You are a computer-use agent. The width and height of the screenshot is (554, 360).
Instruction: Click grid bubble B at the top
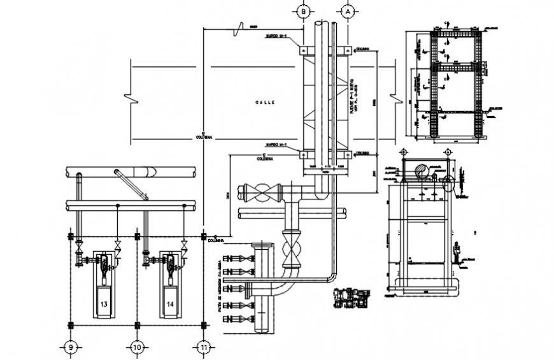tap(304, 11)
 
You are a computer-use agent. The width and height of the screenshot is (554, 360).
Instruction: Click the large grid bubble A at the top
tap(348, 11)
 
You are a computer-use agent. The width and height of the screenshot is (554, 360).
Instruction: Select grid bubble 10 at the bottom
tap(136, 347)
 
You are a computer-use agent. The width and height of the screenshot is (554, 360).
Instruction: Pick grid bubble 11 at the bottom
tap(204, 347)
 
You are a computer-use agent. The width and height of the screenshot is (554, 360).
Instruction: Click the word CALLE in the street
tap(264, 103)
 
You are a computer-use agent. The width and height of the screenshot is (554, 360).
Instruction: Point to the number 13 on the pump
tap(104, 305)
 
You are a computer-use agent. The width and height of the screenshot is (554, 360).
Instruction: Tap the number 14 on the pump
tap(170, 305)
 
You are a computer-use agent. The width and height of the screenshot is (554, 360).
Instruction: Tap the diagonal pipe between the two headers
tap(131, 185)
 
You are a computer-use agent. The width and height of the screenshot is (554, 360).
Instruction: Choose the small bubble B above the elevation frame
tap(403, 152)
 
